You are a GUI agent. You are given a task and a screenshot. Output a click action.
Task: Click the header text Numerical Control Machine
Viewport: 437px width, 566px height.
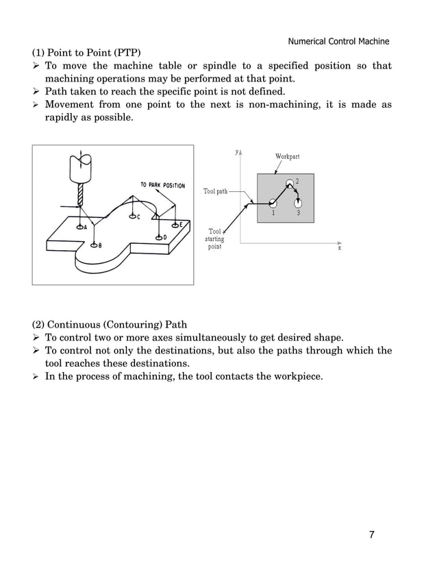338,41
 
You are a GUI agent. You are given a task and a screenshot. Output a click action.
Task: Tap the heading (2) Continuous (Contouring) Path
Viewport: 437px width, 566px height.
110,324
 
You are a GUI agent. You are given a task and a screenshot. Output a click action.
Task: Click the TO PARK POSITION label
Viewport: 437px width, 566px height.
162,185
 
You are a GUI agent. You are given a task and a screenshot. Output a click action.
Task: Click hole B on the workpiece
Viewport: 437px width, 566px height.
95,246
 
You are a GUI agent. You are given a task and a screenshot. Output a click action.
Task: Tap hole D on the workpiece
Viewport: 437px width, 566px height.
158,237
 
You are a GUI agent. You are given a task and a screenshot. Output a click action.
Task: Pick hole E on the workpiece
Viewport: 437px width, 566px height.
176,225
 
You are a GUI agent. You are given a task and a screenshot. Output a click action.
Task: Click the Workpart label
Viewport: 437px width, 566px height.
287,157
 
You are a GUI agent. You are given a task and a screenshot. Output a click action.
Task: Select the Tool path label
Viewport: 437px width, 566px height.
215,191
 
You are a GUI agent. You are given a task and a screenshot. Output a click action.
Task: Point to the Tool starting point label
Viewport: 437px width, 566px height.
215,239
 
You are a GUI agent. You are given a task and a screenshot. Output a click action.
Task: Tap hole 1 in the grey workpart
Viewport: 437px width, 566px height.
273,203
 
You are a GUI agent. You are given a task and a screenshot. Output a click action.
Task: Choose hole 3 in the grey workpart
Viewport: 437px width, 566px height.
298,204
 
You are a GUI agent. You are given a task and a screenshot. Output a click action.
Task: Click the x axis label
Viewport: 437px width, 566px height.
339,249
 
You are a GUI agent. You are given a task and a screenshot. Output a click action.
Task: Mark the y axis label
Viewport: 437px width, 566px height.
236,152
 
